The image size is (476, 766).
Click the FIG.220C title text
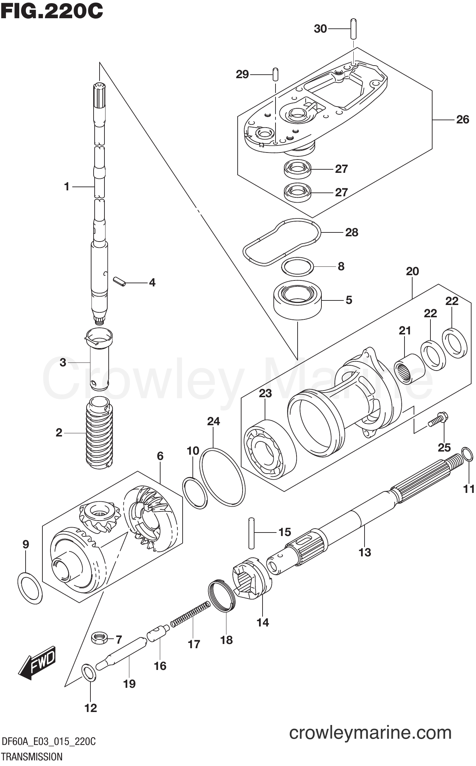(x=52, y=11)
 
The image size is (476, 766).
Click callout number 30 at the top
(x=320, y=29)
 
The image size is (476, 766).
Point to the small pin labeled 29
(x=275, y=74)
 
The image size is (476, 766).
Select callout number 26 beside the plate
(x=462, y=120)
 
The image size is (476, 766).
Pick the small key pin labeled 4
(x=119, y=282)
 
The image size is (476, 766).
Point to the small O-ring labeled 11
(x=466, y=454)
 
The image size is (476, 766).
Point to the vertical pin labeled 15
(x=251, y=533)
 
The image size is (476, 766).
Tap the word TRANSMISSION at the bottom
(x=32, y=757)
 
